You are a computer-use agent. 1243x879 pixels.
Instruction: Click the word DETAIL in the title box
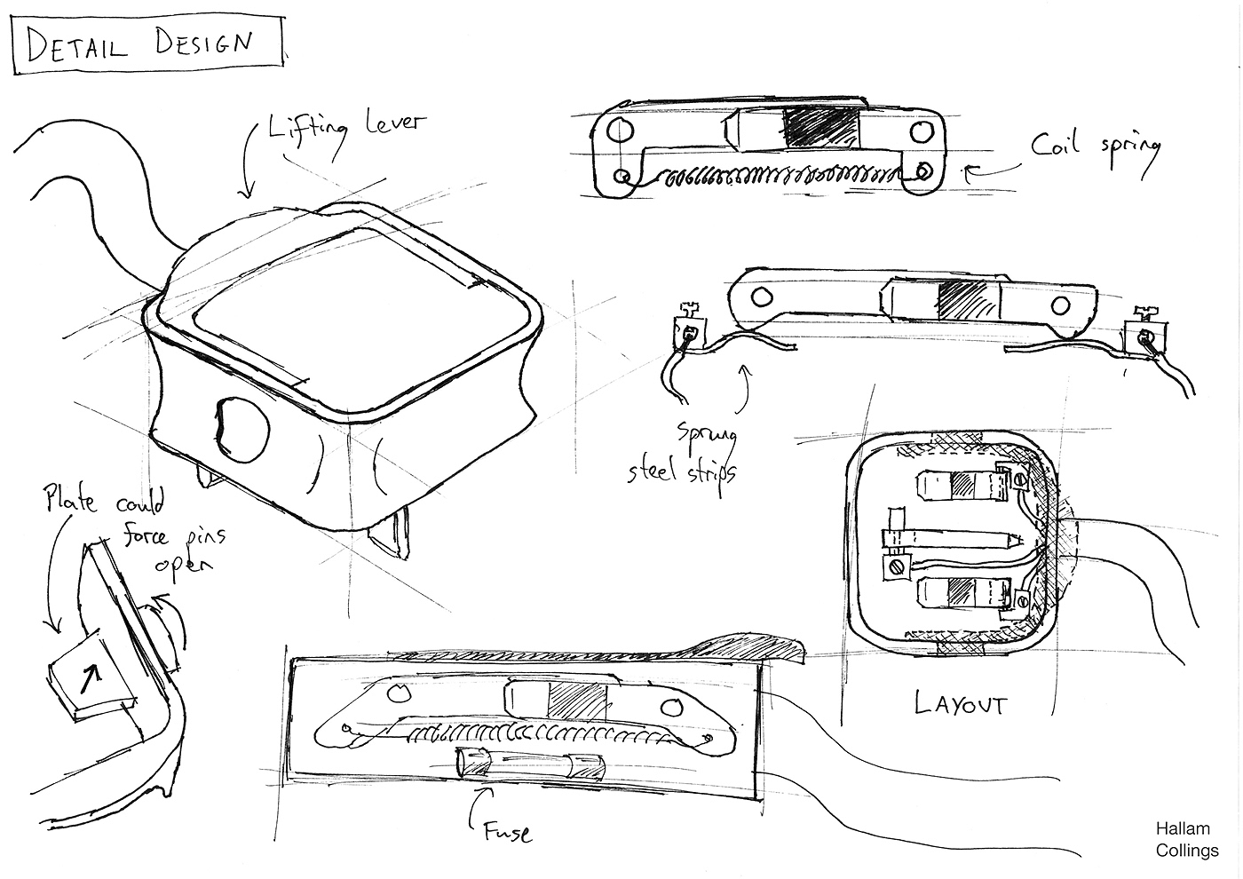pos(76,44)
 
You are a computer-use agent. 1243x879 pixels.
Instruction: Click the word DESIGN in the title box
pos(203,43)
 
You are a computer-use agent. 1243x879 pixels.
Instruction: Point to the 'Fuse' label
pos(507,832)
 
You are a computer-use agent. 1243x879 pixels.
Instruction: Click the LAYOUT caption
pos(960,703)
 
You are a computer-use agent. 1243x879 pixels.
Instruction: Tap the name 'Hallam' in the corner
pos(1183,829)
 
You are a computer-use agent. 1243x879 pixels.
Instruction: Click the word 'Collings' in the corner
pos(1187,851)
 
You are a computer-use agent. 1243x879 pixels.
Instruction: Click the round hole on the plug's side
pos(242,429)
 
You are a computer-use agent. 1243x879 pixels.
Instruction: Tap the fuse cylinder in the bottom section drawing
pos(529,763)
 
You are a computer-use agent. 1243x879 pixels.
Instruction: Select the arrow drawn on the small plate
pos(91,679)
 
